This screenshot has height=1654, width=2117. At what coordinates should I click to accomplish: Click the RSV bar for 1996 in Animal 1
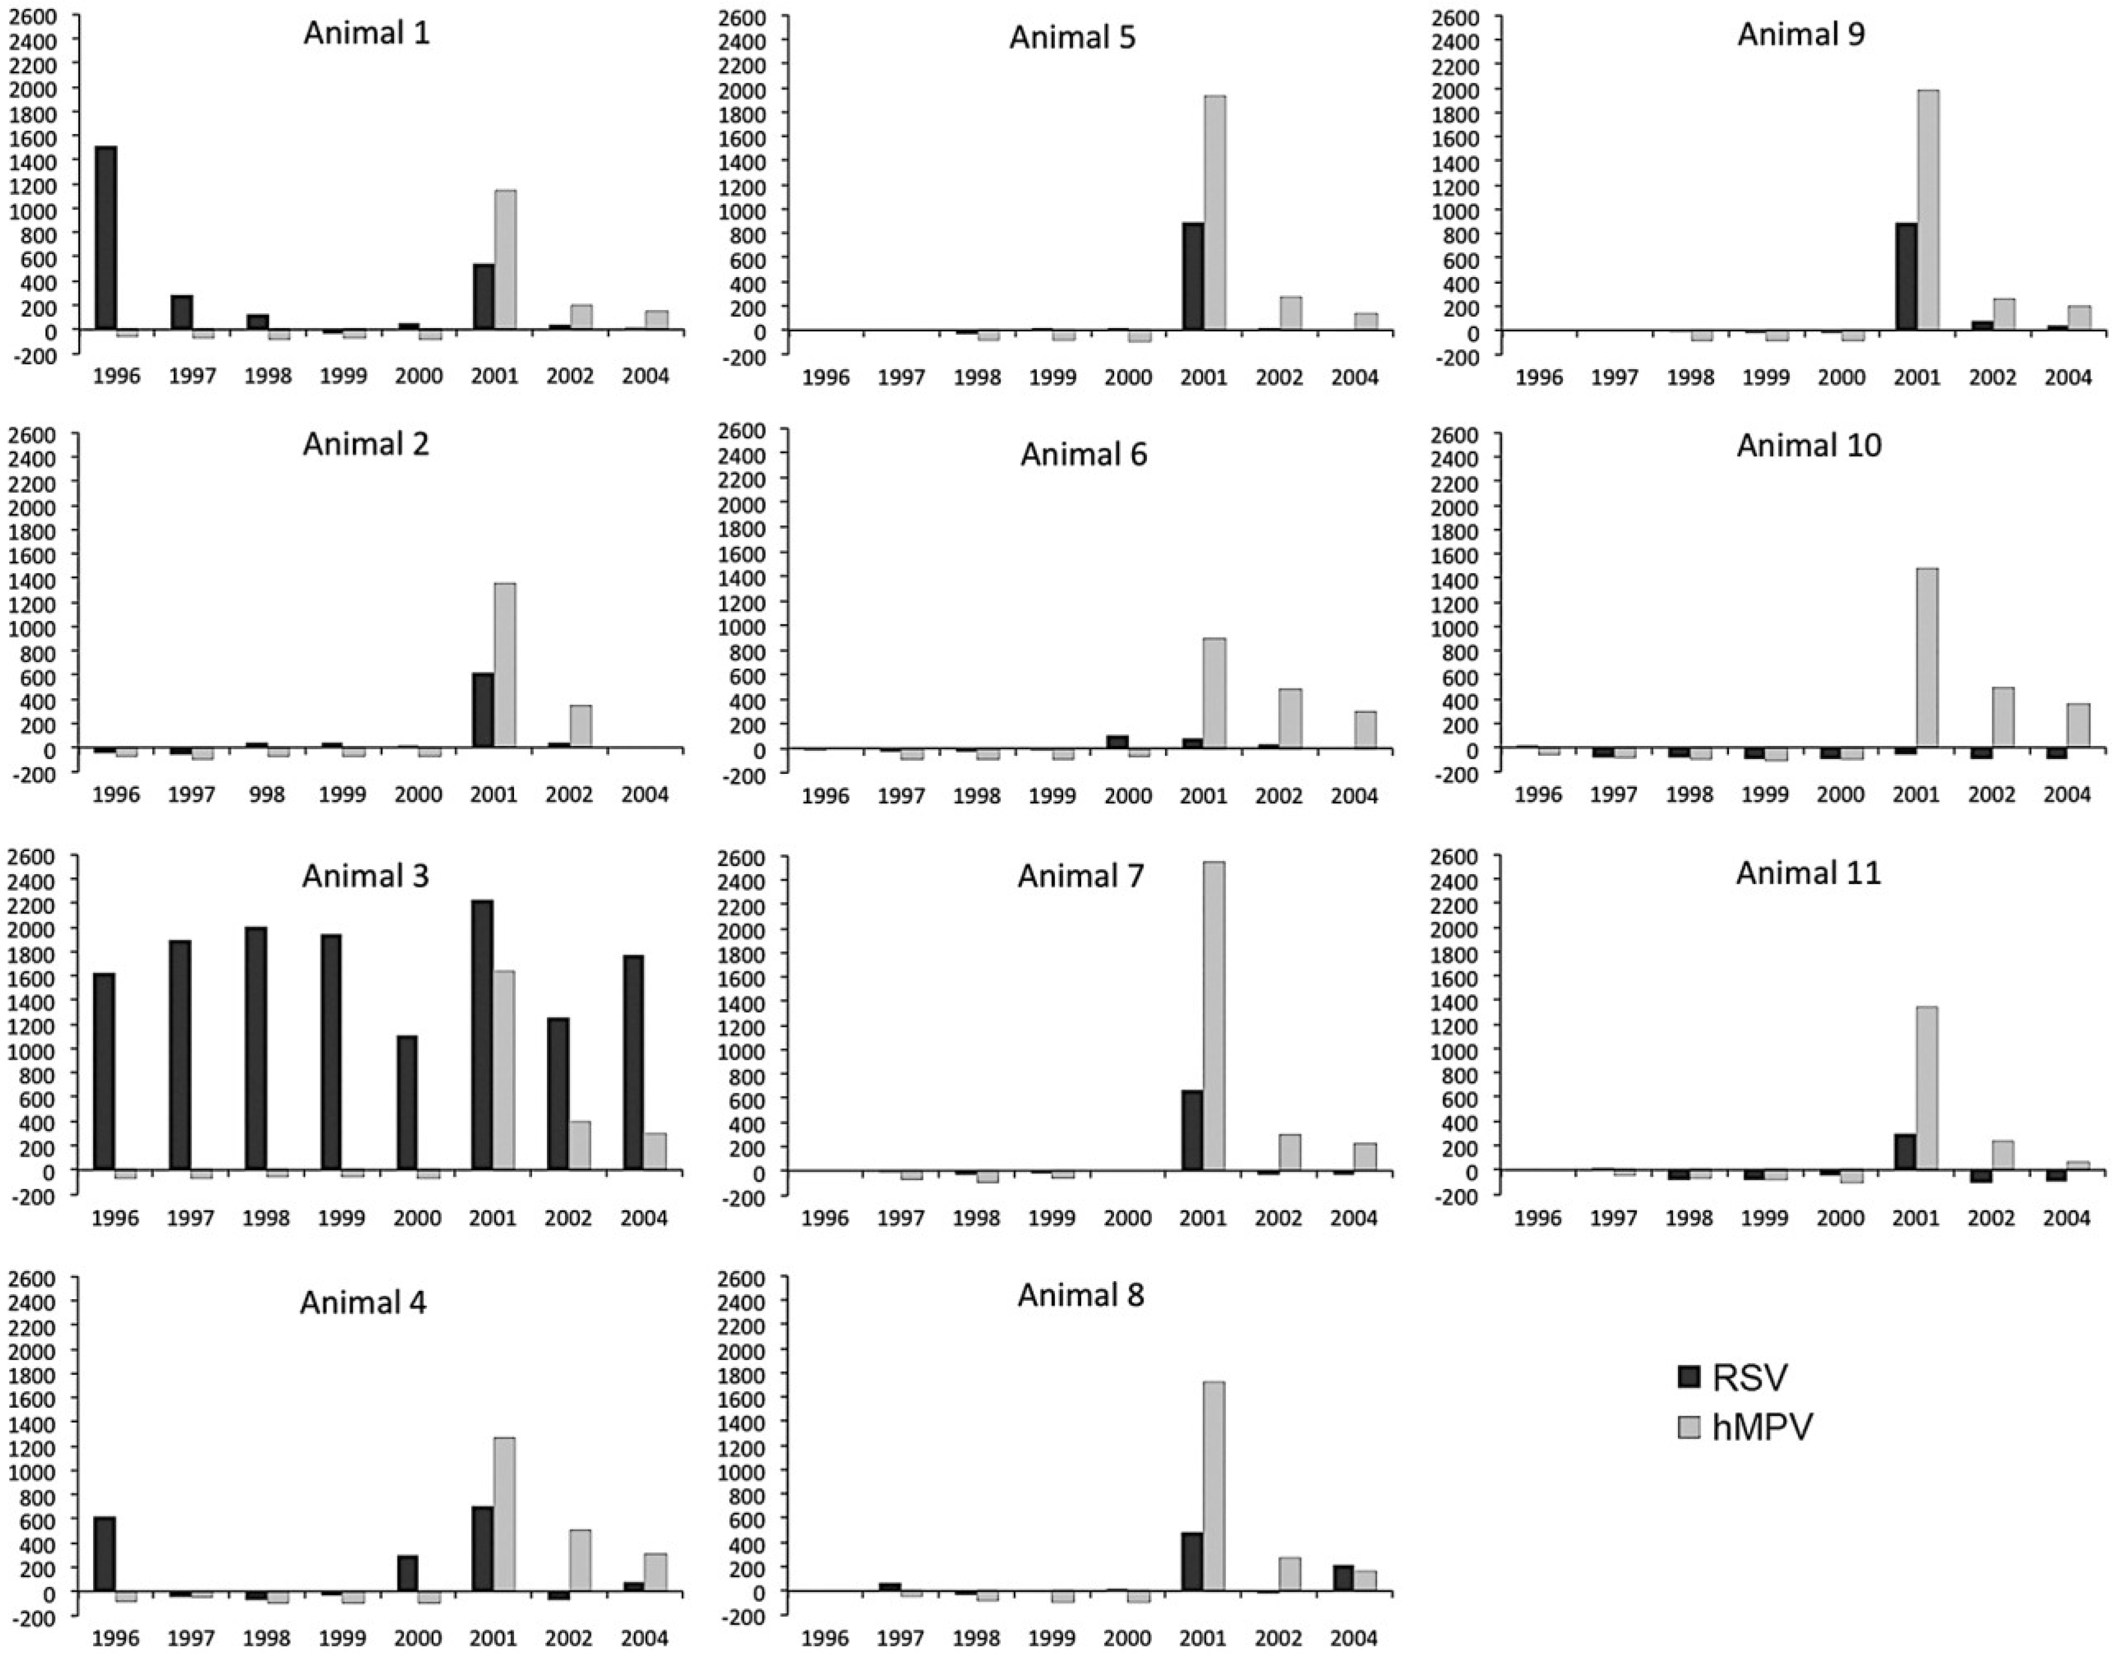(106, 238)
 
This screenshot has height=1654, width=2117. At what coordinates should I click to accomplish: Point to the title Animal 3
(366, 876)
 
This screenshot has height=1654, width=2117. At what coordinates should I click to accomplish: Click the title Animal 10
(1809, 446)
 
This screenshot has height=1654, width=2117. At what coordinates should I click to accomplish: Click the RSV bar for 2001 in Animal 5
(1192, 277)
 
